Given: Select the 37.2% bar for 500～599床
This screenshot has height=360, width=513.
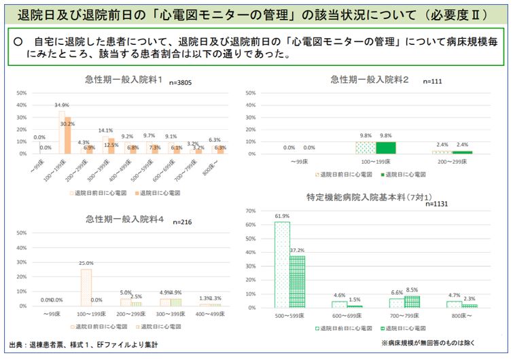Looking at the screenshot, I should (297, 282).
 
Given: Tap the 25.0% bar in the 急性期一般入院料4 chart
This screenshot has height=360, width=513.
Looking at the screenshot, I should (86, 288).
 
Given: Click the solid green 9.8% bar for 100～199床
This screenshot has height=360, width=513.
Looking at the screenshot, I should (385, 147).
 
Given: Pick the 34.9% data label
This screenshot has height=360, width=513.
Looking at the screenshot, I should (61, 105).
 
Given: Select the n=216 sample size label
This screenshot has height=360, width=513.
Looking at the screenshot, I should (183, 222).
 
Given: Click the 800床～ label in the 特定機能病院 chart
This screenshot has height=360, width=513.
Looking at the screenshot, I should (462, 316).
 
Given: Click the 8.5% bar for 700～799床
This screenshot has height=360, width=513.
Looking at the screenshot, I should (412, 302).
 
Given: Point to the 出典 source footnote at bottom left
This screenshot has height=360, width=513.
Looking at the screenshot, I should (84, 344).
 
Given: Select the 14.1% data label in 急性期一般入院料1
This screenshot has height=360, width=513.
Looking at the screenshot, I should (106, 130).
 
